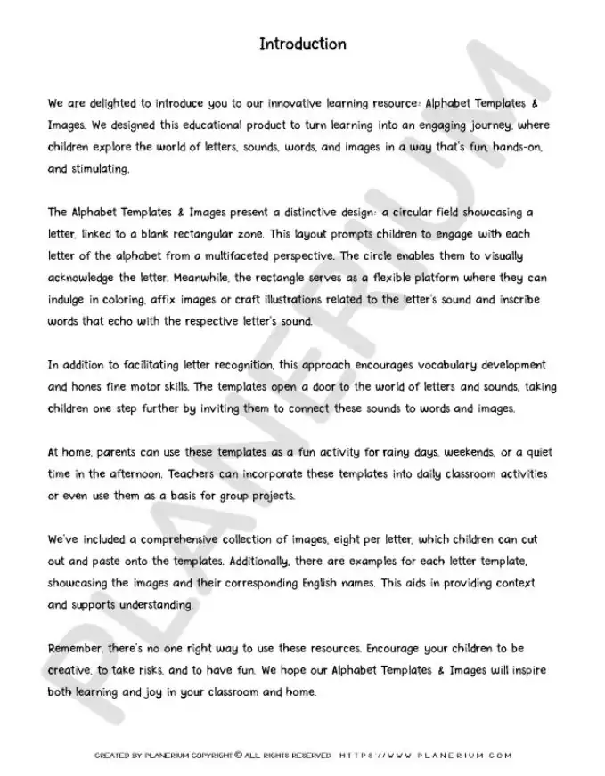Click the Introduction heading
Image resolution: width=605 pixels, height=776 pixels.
pos(302,44)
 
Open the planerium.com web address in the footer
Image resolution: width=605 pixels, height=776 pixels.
pos(426,756)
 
